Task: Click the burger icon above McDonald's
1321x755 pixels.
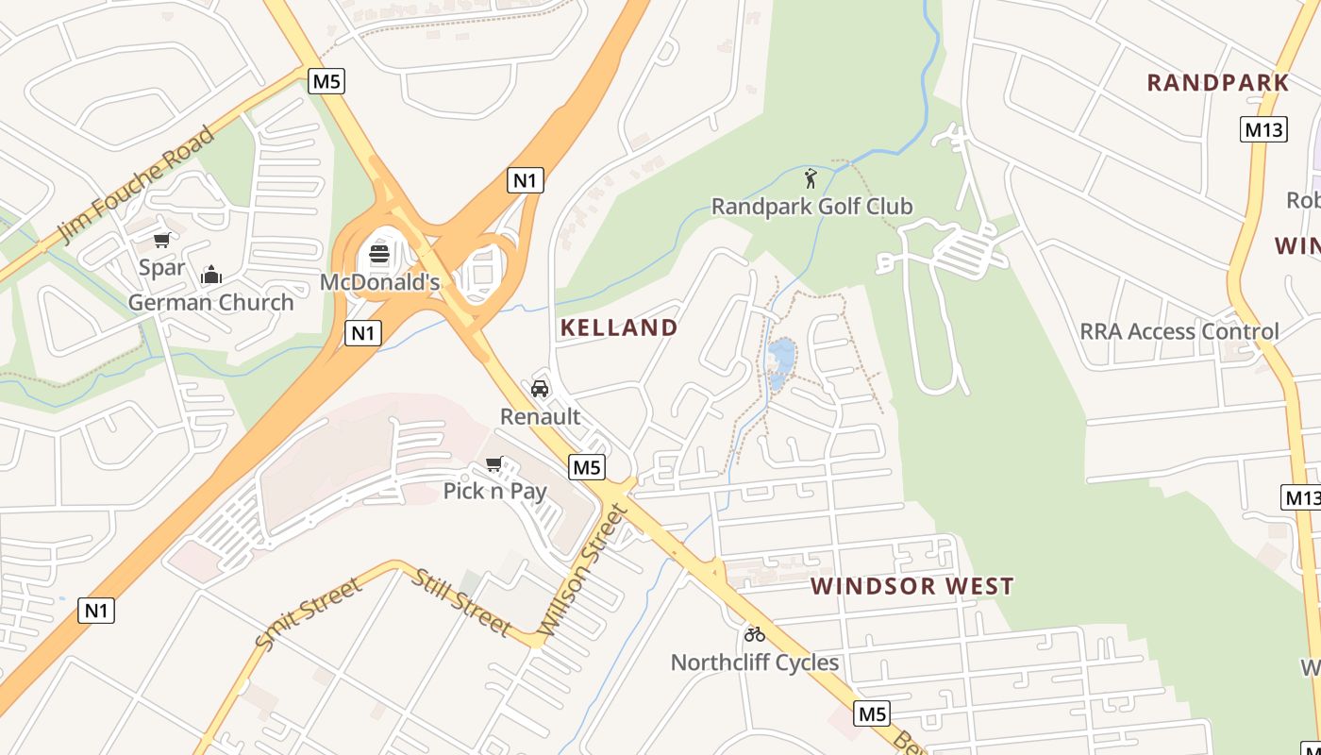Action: pyautogui.click(x=379, y=253)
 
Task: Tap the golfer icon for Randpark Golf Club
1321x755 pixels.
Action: pyautogui.click(x=811, y=177)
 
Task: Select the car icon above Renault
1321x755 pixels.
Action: pyautogui.click(x=540, y=389)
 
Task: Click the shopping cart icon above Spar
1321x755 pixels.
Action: pyautogui.click(x=162, y=240)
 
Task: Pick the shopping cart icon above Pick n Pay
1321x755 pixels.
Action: pyautogui.click(x=493, y=463)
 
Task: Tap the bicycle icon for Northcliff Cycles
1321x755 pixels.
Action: pyautogui.click(x=754, y=634)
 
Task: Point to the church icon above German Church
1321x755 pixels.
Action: pyautogui.click(x=211, y=275)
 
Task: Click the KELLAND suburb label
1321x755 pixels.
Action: pyautogui.click(x=619, y=328)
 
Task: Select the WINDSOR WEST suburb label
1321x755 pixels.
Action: pyautogui.click(x=911, y=586)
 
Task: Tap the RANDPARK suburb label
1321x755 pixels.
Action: pyautogui.click(x=1217, y=83)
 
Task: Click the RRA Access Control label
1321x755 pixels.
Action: pyautogui.click(x=1179, y=331)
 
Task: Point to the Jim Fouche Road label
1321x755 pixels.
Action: pyautogui.click(x=137, y=184)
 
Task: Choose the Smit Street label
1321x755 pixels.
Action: pyautogui.click(x=309, y=614)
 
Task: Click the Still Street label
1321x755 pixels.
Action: pyautogui.click(x=460, y=603)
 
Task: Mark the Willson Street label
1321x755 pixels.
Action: pyautogui.click(x=582, y=570)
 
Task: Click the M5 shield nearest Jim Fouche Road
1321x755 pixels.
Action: pyautogui.click(x=326, y=81)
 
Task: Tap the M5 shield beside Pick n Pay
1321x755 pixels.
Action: pyautogui.click(x=586, y=466)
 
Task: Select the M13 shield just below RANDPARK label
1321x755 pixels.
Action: pyautogui.click(x=1262, y=129)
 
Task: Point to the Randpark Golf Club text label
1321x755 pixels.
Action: pyautogui.click(x=811, y=206)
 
